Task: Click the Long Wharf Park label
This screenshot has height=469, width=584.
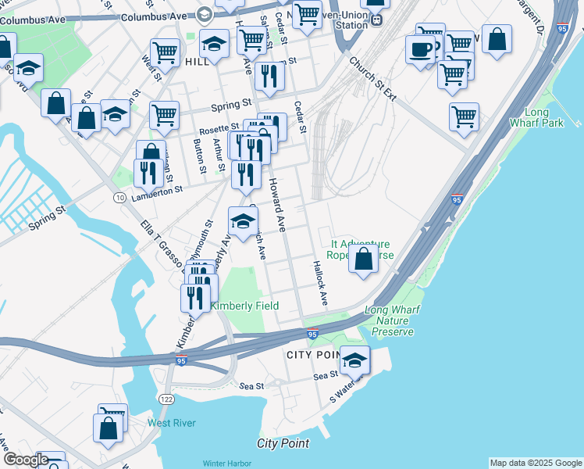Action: (x=536, y=118)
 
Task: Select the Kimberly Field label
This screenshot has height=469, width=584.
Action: (x=244, y=306)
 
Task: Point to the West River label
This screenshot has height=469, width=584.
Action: (x=172, y=423)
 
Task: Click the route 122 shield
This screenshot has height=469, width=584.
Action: (x=166, y=399)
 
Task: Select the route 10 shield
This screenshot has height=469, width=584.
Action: (x=119, y=198)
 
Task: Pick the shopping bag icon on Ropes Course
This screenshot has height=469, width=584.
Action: (x=363, y=259)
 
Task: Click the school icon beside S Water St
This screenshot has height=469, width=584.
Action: (x=354, y=360)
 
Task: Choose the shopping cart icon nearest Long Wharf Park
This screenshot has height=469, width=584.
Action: (x=464, y=116)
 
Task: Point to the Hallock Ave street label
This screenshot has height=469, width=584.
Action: (x=320, y=283)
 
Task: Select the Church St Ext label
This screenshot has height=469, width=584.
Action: (x=372, y=81)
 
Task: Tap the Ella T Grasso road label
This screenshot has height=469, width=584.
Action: (x=161, y=242)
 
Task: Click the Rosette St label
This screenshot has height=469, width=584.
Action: (x=219, y=127)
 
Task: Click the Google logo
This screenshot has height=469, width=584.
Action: (x=25, y=460)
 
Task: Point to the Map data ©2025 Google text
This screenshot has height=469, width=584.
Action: (x=535, y=463)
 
